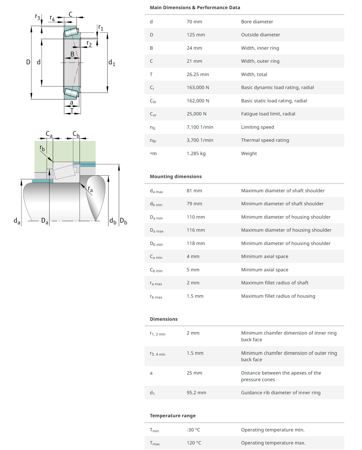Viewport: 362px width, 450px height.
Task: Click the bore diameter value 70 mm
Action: [x=194, y=22]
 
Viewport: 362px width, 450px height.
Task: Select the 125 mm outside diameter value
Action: [x=196, y=35]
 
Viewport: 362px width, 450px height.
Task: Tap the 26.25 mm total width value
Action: [x=198, y=74]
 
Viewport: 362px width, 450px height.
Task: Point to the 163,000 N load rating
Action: [x=198, y=87]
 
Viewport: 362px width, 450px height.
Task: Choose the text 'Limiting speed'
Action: [x=257, y=127]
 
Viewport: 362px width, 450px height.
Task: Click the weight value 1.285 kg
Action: [x=196, y=153]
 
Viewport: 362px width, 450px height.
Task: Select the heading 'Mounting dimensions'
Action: [x=176, y=176]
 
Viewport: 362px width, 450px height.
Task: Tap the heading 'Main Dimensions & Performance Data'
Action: [x=195, y=7]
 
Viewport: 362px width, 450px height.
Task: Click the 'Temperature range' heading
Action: [x=173, y=416]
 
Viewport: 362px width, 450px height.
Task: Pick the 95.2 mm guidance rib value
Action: [x=196, y=393]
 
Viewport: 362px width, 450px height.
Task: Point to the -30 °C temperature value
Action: [x=193, y=430]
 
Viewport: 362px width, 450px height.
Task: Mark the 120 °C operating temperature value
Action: [x=194, y=443]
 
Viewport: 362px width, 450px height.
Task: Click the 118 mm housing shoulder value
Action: [x=196, y=243]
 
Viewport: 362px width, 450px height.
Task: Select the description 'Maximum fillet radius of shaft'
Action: [x=275, y=283]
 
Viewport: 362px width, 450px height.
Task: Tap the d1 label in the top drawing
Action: [x=112, y=63]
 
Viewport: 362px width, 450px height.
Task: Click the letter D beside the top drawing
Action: [x=28, y=62]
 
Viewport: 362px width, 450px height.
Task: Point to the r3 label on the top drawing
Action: [x=37, y=17]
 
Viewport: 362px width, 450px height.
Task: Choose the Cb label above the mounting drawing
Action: [x=76, y=134]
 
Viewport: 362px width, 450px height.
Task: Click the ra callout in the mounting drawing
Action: [x=90, y=189]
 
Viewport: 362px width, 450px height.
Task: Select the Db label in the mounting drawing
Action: [x=123, y=221]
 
